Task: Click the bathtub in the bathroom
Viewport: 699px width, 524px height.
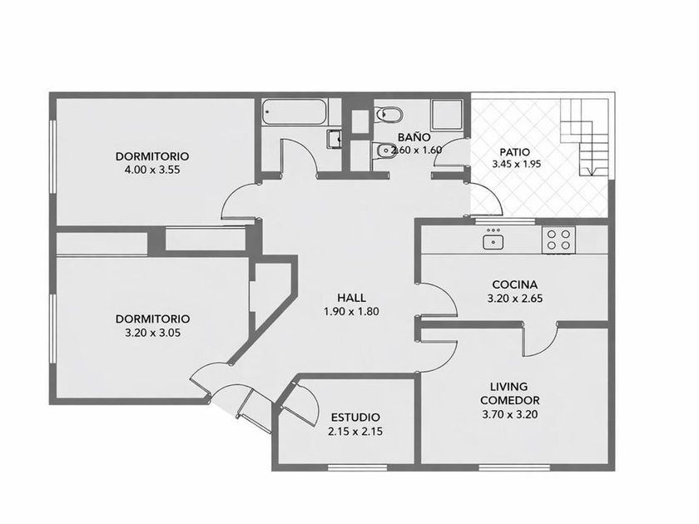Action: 295,111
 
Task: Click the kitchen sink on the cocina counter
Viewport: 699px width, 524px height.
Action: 493,241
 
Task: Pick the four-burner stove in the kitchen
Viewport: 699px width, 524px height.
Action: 558,240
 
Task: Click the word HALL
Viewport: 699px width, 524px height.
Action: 351,298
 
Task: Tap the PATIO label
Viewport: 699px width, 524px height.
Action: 514,152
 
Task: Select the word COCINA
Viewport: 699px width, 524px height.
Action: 515,284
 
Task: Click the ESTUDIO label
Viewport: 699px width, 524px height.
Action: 355,418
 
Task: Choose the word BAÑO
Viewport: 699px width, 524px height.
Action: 414,136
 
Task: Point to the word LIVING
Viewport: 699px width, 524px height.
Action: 508,386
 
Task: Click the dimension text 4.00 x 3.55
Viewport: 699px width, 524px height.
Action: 153,170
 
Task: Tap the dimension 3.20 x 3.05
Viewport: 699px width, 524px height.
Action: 153,333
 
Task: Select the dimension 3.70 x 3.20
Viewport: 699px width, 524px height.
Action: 510,414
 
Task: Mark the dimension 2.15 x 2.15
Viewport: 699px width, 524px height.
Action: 355,432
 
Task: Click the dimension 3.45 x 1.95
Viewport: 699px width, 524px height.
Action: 516,164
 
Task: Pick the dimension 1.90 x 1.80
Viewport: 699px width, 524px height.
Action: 351,311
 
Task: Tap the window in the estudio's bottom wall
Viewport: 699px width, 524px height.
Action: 358,467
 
